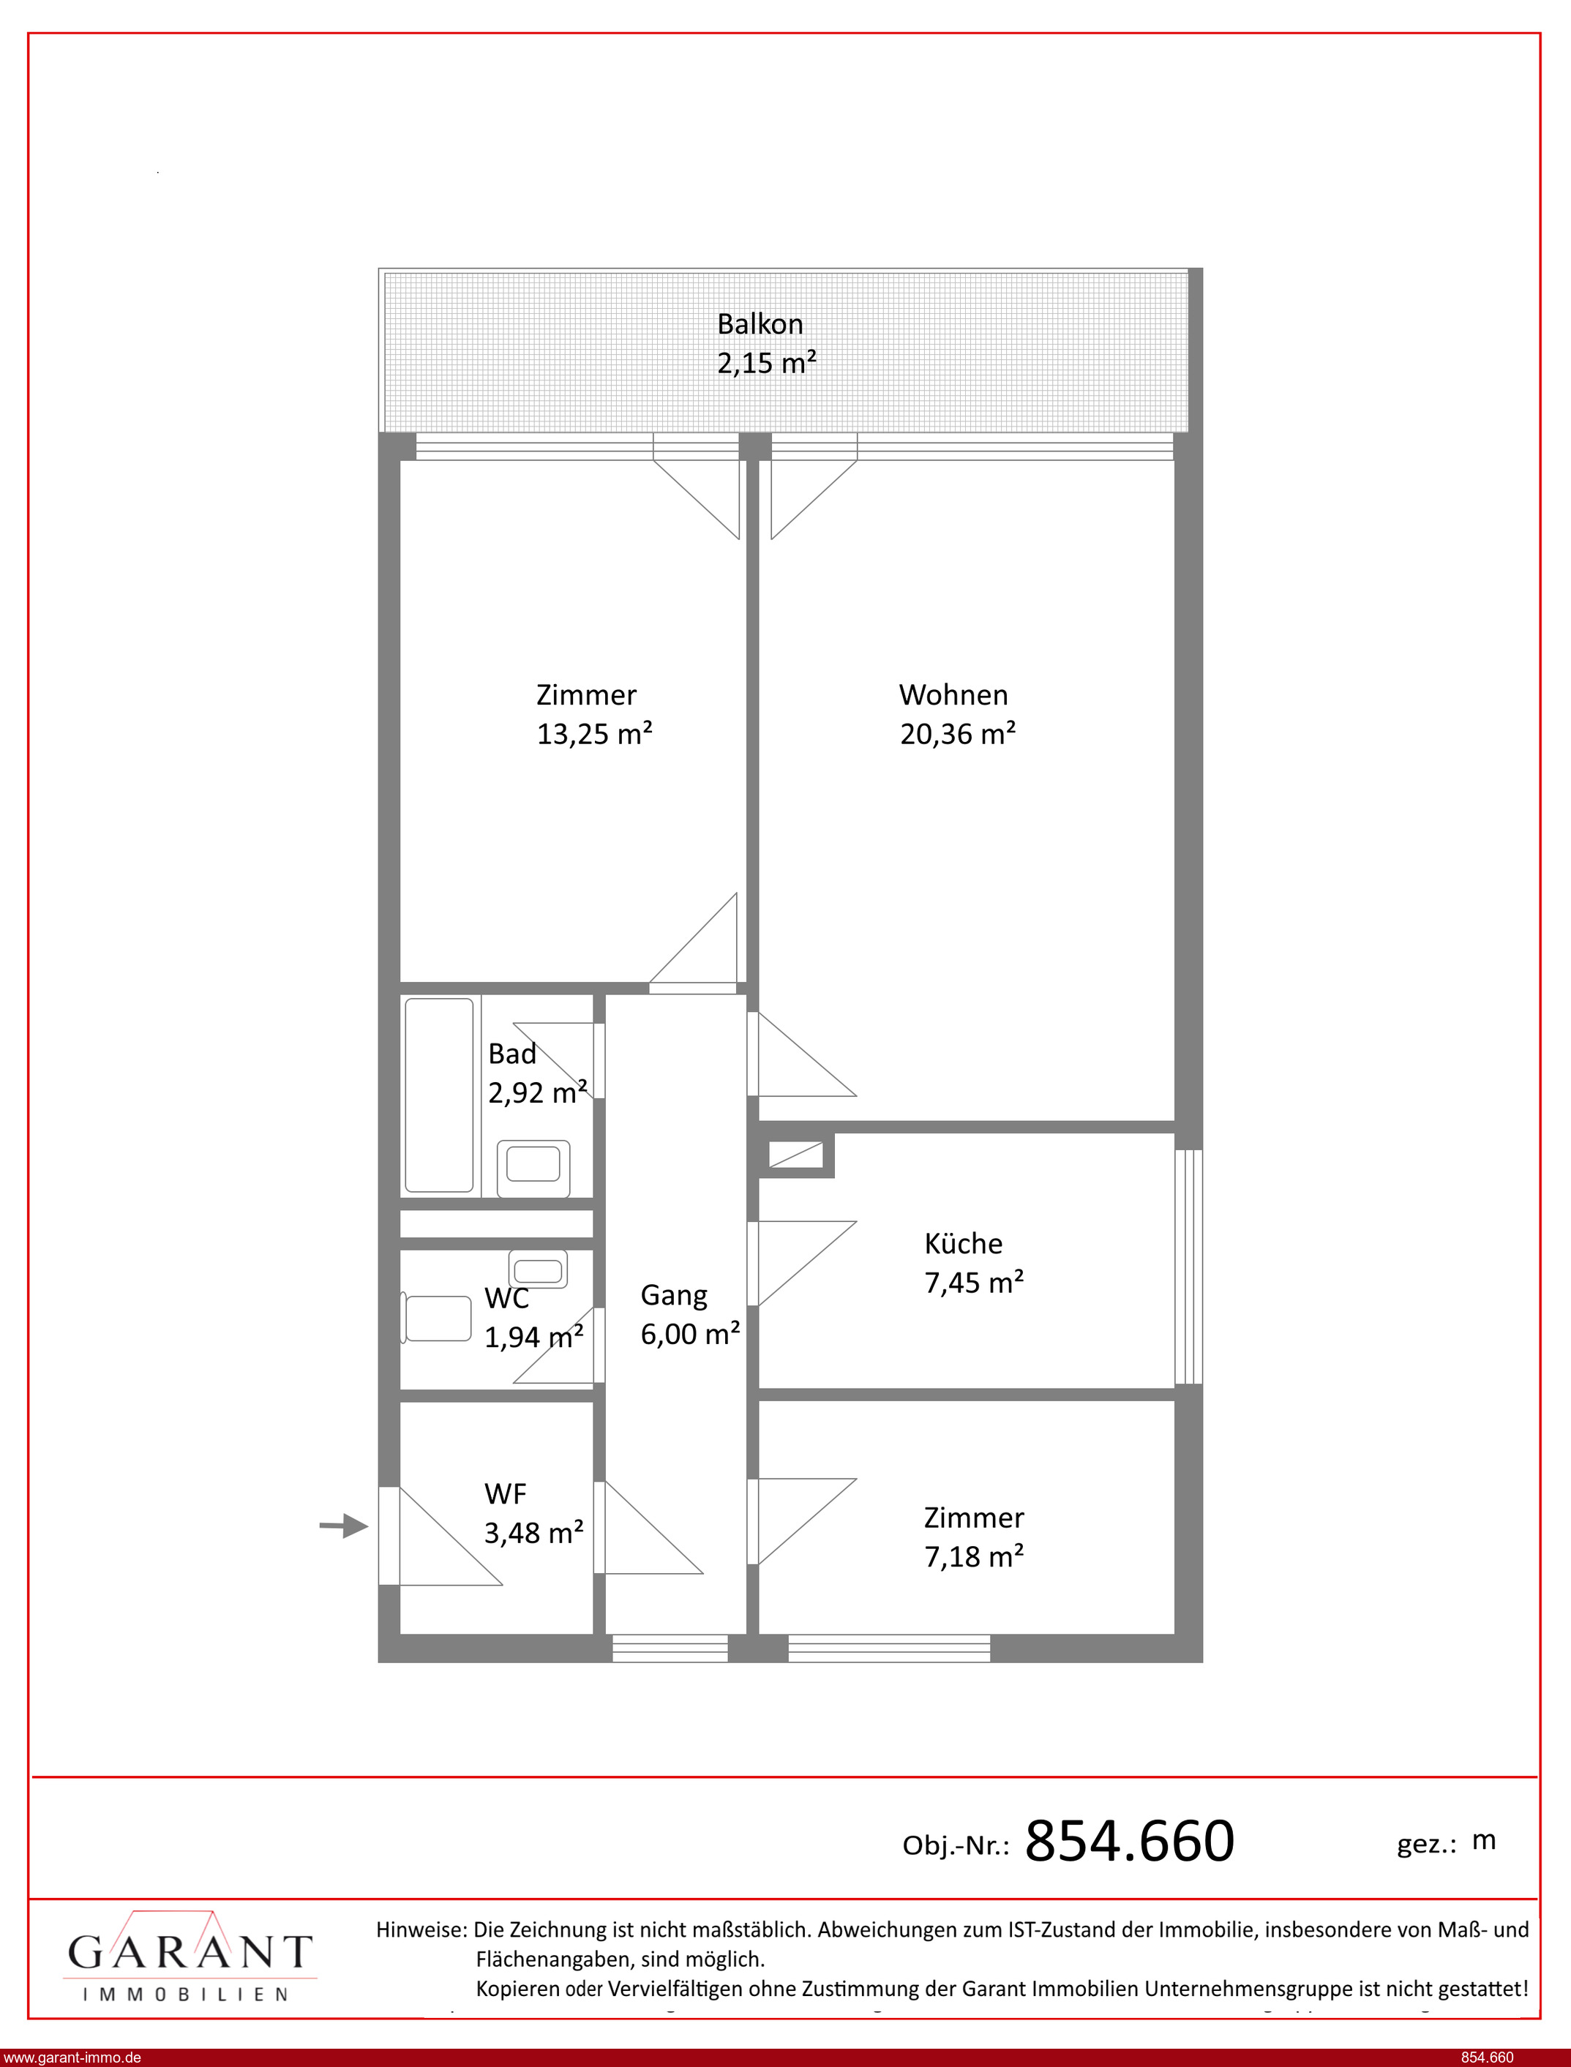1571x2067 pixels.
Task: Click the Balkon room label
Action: click(x=760, y=323)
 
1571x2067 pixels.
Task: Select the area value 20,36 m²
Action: click(x=958, y=734)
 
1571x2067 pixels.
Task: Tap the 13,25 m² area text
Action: click(x=594, y=734)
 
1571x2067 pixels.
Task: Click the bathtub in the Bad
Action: click(x=438, y=1095)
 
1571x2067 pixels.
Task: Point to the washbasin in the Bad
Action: click(x=533, y=1168)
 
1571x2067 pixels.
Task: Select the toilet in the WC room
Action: click(x=436, y=1318)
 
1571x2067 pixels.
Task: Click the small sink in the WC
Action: click(x=538, y=1269)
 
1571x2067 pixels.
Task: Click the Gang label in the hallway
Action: click(x=673, y=1296)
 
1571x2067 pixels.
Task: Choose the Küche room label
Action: click(x=963, y=1243)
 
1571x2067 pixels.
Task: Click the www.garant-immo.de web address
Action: click(x=72, y=2057)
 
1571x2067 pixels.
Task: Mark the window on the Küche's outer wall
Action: click(x=1188, y=1266)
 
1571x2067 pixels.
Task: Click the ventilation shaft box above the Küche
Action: click(x=796, y=1155)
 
